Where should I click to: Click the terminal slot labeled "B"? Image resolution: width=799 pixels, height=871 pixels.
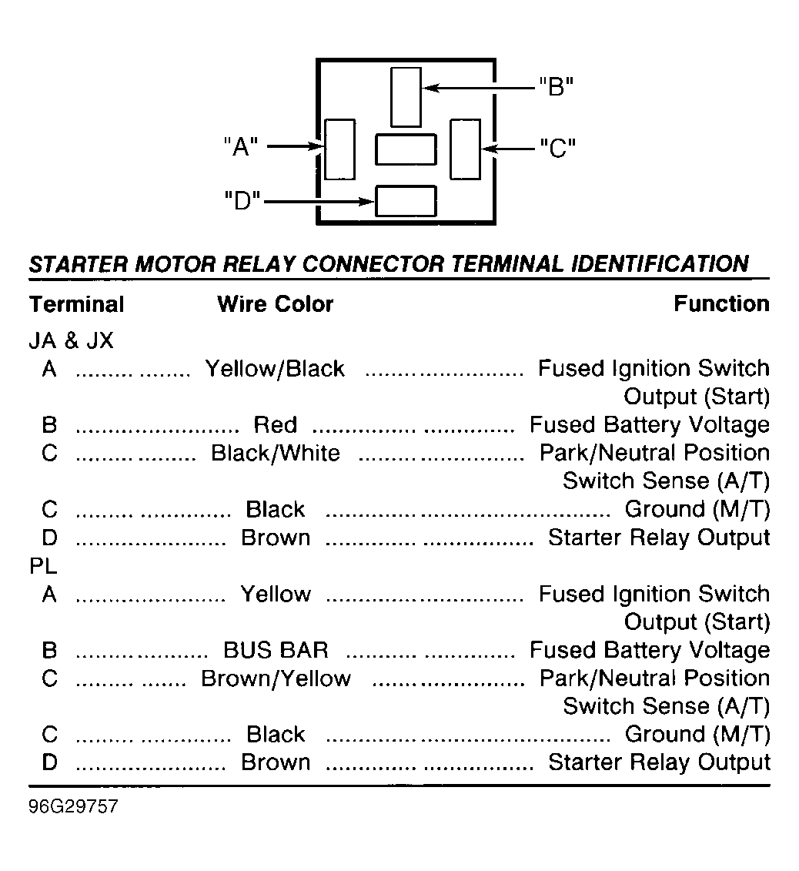coord(406,97)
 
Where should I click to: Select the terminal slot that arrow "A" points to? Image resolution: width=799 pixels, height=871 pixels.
coord(339,149)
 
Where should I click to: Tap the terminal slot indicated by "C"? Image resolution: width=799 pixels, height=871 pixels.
coord(465,149)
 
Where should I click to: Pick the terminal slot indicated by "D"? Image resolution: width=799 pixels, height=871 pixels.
coord(406,201)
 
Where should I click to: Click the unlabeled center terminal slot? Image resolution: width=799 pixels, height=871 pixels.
coord(406,149)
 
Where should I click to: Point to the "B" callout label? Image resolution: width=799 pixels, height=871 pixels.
coord(556,87)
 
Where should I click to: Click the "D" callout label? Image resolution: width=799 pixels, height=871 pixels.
coord(242,200)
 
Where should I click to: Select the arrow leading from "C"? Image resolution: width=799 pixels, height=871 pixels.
coord(508,149)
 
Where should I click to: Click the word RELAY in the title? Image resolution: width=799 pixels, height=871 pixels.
coord(259,264)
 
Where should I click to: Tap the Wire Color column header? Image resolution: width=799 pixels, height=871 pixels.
coord(276,304)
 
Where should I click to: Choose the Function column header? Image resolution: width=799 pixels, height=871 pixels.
coord(721,304)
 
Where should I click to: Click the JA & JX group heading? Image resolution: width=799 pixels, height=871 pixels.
coord(71,340)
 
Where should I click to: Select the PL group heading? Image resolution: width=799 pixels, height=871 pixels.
coord(43,565)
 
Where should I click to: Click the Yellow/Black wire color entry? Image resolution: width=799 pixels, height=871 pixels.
coord(275,368)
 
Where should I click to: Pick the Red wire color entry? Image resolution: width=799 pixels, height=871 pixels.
coord(276,425)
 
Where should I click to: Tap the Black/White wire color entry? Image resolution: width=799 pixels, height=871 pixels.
coord(276,453)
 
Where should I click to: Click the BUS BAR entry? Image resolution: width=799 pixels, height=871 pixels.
coord(276,650)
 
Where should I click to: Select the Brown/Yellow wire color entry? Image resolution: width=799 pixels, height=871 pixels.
coord(276,678)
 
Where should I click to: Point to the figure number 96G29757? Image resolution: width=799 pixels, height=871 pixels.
coord(73,806)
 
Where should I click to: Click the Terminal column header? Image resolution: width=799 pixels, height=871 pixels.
coord(77,304)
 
